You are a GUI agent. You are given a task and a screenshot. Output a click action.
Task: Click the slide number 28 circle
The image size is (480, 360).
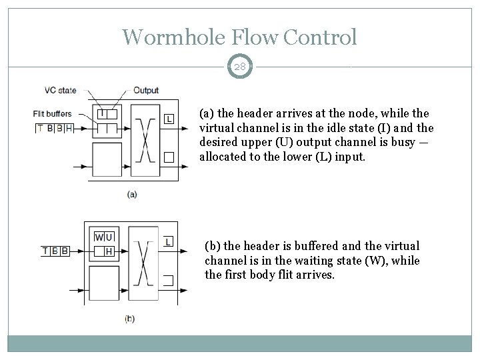coord(240,67)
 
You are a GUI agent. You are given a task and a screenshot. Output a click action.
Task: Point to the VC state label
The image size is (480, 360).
coord(60,90)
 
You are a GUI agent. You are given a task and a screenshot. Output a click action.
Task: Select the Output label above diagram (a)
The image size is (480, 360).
coord(146,90)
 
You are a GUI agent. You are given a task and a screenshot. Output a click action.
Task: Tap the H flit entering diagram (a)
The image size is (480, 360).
coord(69,127)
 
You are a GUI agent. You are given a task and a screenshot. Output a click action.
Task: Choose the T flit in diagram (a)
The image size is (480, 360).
coord(40,127)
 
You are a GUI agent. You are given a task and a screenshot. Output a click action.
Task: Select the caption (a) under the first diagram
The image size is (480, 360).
coord(132,194)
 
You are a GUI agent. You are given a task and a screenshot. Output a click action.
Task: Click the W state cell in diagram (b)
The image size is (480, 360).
coord(99,237)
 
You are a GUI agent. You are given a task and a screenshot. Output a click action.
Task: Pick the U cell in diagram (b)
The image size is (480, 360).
coord(109,237)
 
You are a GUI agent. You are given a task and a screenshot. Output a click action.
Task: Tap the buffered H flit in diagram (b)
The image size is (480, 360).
coord(109,251)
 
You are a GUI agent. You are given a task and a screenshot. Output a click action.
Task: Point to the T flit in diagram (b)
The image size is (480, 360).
coord(45,251)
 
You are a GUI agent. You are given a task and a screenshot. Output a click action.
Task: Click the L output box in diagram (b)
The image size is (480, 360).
coord(169,241)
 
